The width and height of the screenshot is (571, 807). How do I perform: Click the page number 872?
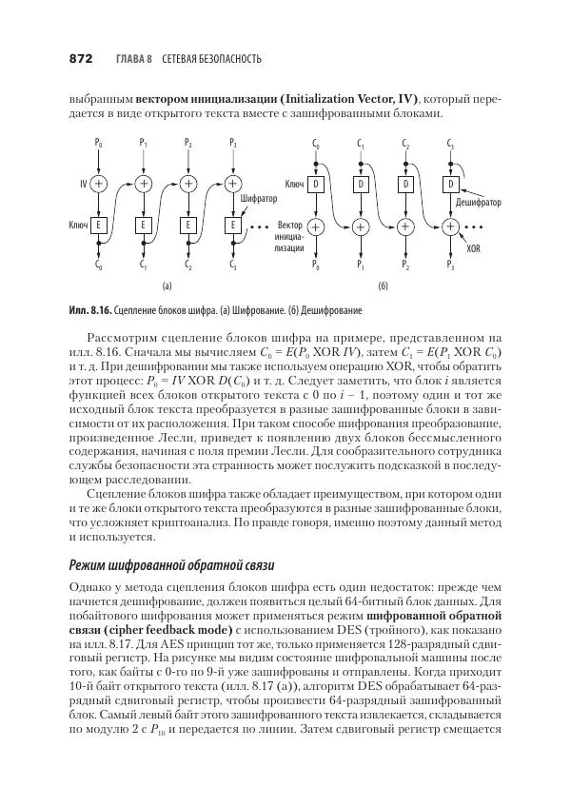(80, 59)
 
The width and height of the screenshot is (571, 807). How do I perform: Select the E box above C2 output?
(188, 226)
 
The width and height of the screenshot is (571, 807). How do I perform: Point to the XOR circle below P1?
(144, 183)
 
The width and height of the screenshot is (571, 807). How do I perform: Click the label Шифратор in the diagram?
(260, 199)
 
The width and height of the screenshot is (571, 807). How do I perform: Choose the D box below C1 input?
(360, 183)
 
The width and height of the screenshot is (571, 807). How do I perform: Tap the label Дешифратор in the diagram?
(479, 203)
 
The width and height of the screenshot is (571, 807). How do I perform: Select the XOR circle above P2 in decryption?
(405, 226)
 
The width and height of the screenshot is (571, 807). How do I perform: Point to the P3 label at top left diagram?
(233, 144)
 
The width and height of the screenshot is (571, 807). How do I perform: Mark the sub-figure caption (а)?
(166, 285)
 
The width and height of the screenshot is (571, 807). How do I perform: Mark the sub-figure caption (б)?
(383, 285)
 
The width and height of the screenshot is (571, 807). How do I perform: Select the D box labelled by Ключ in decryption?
(317, 183)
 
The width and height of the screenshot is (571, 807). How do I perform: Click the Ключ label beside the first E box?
(79, 226)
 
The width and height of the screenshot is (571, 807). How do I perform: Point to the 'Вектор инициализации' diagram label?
(287, 236)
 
